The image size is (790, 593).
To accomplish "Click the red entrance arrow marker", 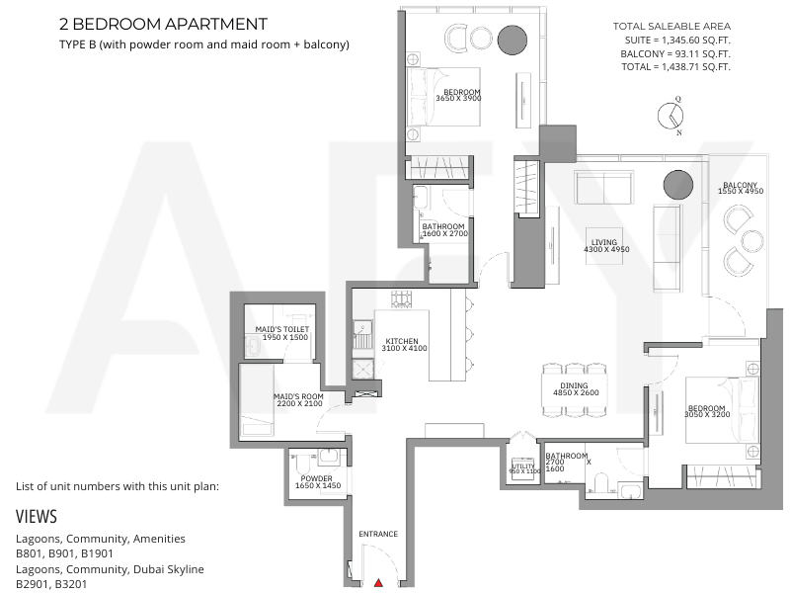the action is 379,583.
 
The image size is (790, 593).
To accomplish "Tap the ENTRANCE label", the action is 378,534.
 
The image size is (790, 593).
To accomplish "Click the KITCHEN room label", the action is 402,341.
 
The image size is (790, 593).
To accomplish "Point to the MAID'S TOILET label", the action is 282,329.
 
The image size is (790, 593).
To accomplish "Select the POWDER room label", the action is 316,478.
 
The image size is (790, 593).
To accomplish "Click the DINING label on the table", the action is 574,385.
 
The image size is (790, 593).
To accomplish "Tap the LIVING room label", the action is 604,242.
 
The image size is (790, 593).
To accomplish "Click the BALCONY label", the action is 740,186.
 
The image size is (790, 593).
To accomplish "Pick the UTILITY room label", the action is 523,466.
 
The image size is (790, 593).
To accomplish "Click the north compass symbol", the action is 671,116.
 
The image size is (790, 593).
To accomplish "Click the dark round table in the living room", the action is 678,185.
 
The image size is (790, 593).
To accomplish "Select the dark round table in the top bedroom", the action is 513,40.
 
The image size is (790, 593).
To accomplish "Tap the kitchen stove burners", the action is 402,299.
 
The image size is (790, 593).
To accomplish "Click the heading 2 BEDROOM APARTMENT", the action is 163,24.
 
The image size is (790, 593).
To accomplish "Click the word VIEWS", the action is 37,516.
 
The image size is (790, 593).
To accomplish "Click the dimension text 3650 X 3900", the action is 458,98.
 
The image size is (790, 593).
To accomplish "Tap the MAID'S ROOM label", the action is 298,396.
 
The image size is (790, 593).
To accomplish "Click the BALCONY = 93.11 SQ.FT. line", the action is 675,54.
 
